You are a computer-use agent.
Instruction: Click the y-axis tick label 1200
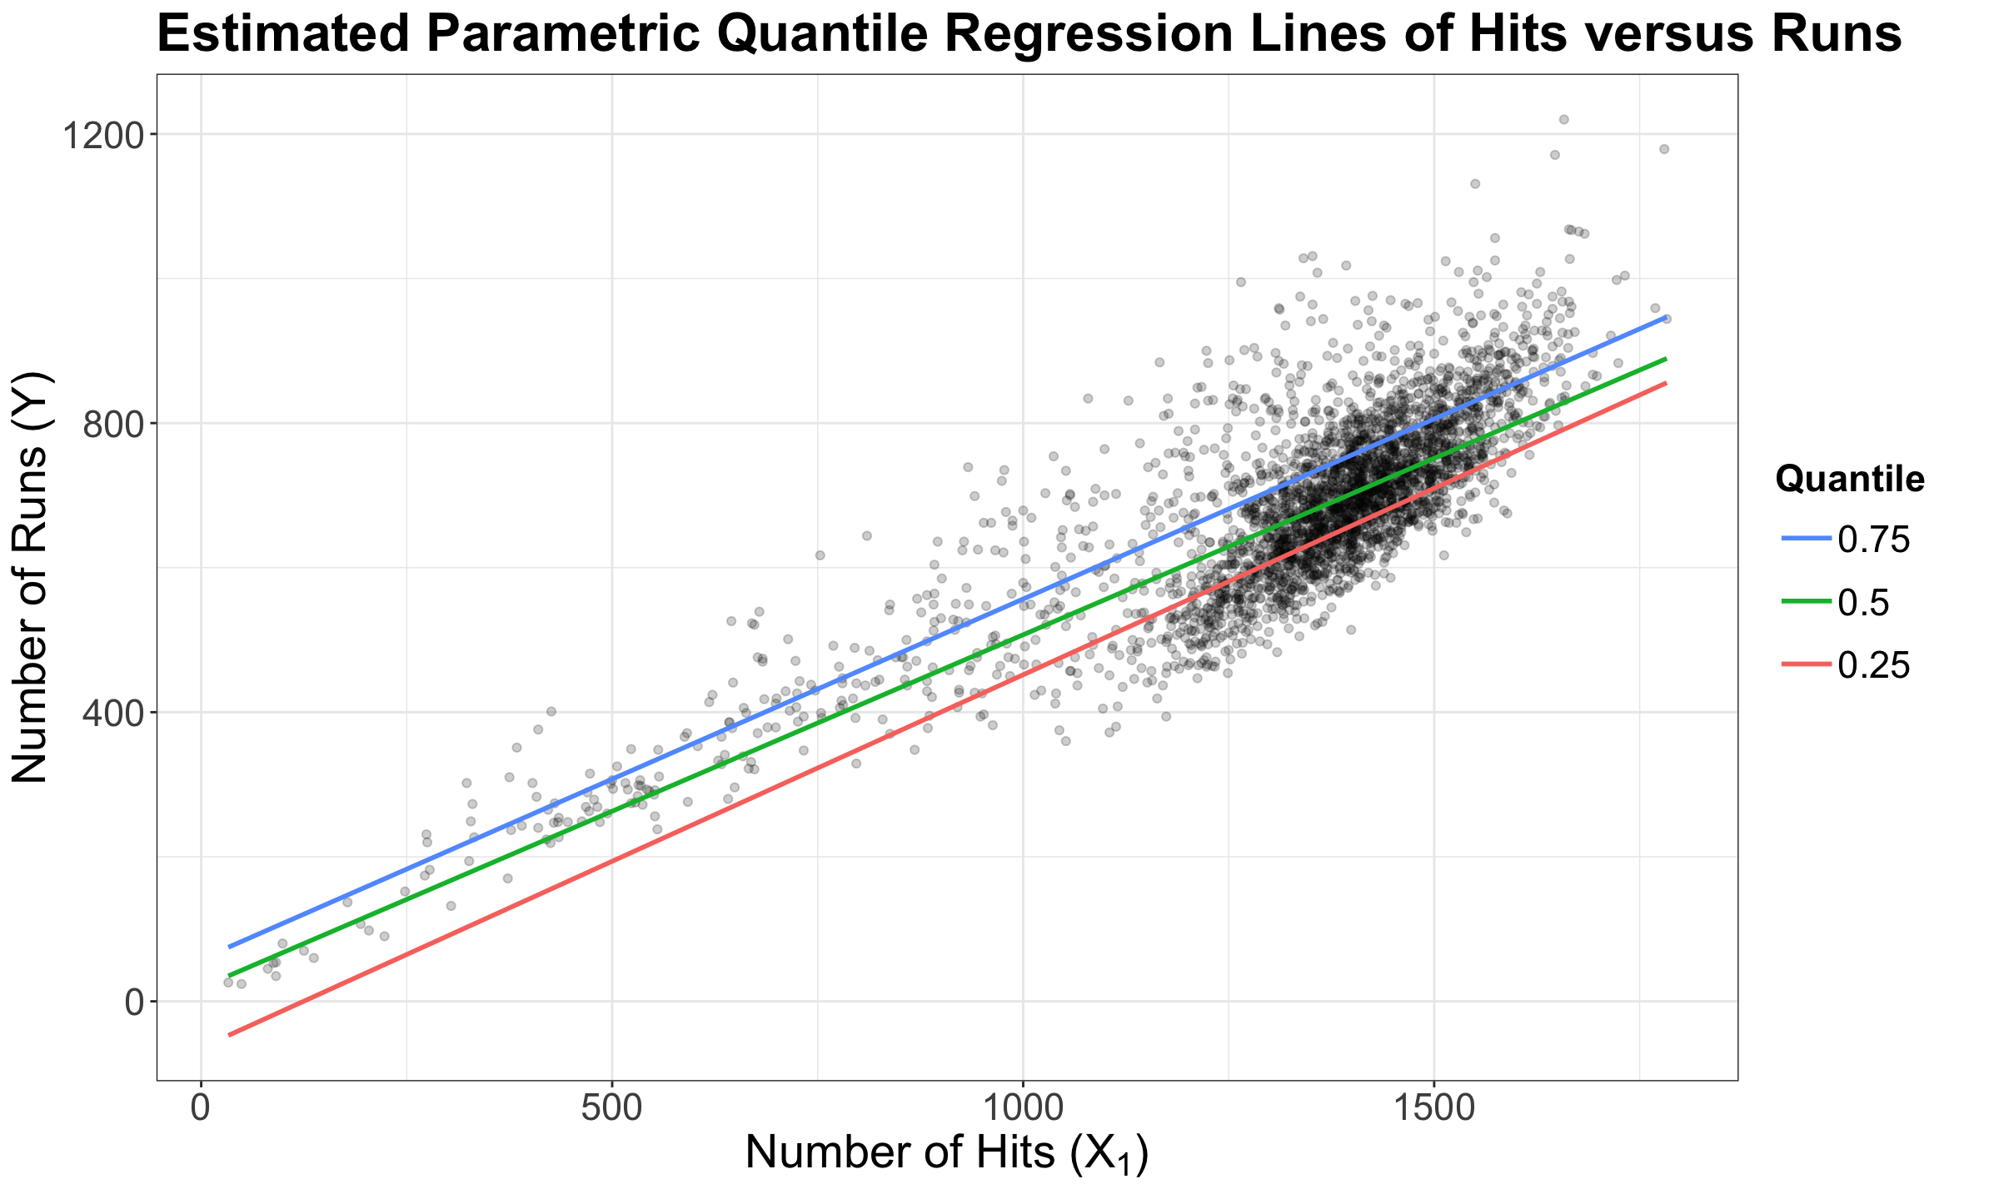coord(98,135)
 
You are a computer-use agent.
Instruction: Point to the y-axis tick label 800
coord(109,424)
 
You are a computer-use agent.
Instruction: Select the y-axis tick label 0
coord(134,1002)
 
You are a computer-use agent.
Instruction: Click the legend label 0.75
coord(1873,541)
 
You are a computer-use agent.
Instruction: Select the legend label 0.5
coord(1863,604)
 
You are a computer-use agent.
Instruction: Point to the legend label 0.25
coord(1873,666)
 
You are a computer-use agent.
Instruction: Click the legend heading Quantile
coord(1850,480)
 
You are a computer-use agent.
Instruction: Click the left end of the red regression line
coord(229,1035)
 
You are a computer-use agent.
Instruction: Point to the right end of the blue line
coord(1665,317)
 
